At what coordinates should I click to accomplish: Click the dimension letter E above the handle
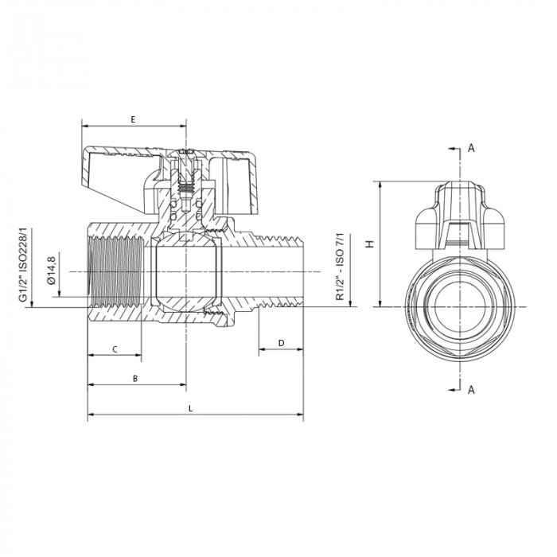coord(133,119)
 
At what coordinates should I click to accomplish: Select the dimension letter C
coord(115,349)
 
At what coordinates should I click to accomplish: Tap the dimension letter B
coord(135,379)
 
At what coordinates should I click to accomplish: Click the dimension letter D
coord(281,342)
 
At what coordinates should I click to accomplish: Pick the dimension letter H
coord(368,244)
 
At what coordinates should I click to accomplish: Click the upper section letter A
coord(471,148)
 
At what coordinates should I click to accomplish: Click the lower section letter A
coord(471,389)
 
